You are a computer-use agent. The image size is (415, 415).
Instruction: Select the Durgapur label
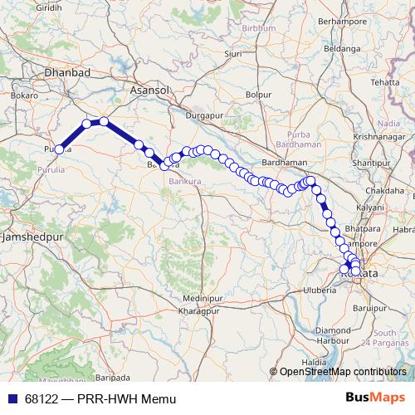click(207, 115)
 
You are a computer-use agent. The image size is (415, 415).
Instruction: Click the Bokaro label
click(24, 95)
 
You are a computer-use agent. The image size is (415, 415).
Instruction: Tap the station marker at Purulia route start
click(59, 149)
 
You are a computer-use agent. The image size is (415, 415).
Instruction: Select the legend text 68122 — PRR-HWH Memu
click(100, 399)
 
